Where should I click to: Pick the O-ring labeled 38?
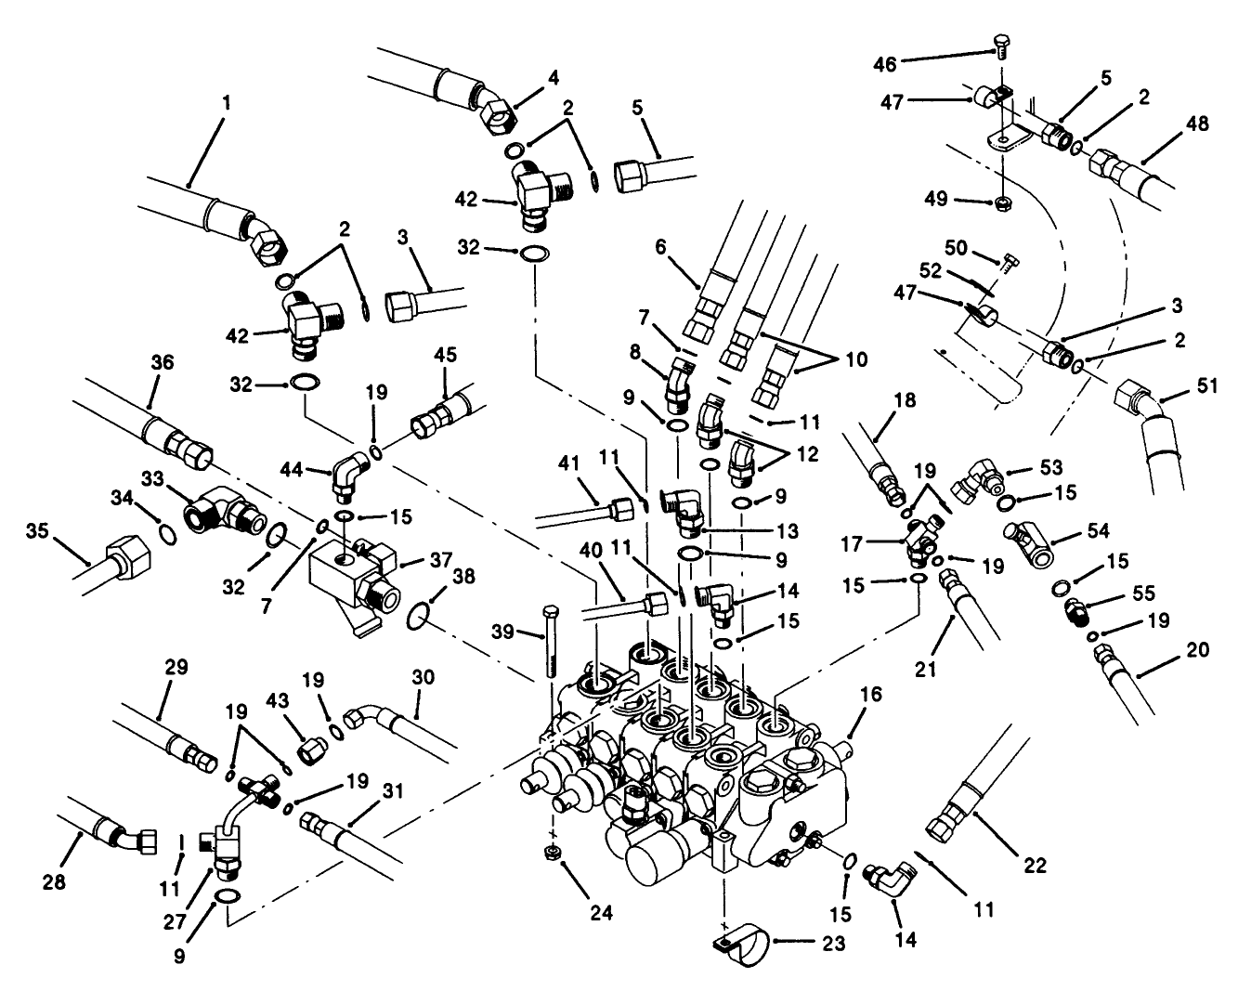tap(421, 614)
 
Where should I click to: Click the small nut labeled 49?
tap(1002, 202)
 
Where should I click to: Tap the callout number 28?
tap(55, 882)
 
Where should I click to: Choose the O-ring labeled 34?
tap(165, 533)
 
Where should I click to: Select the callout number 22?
tap(1035, 865)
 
